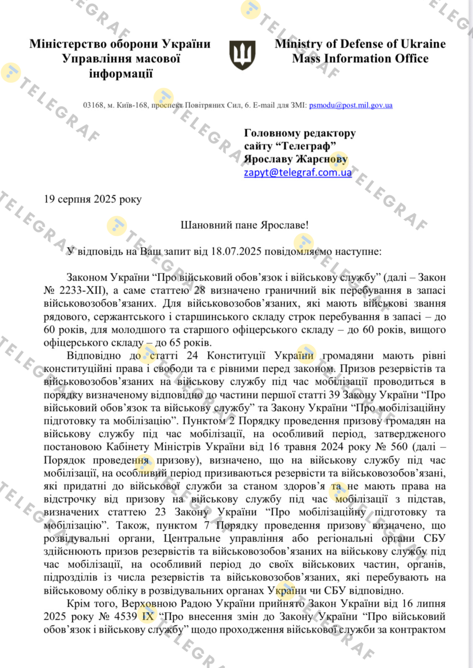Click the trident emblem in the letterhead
tap(242, 55)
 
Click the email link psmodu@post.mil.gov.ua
tap(351, 105)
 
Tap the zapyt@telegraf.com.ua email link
tap(298, 173)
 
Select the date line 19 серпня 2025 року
tap(93, 199)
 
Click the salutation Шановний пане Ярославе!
tap(245, 225)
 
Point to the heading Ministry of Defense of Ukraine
tap(360, 44)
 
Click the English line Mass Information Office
tap(360, 59)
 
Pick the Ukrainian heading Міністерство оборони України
tap(120, 44)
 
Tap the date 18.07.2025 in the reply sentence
tap(236, 252)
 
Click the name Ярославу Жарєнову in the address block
tap(296, 159)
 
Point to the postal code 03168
tap(93, 105)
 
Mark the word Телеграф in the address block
tap(308, 146)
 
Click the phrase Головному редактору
tap(300, 133)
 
